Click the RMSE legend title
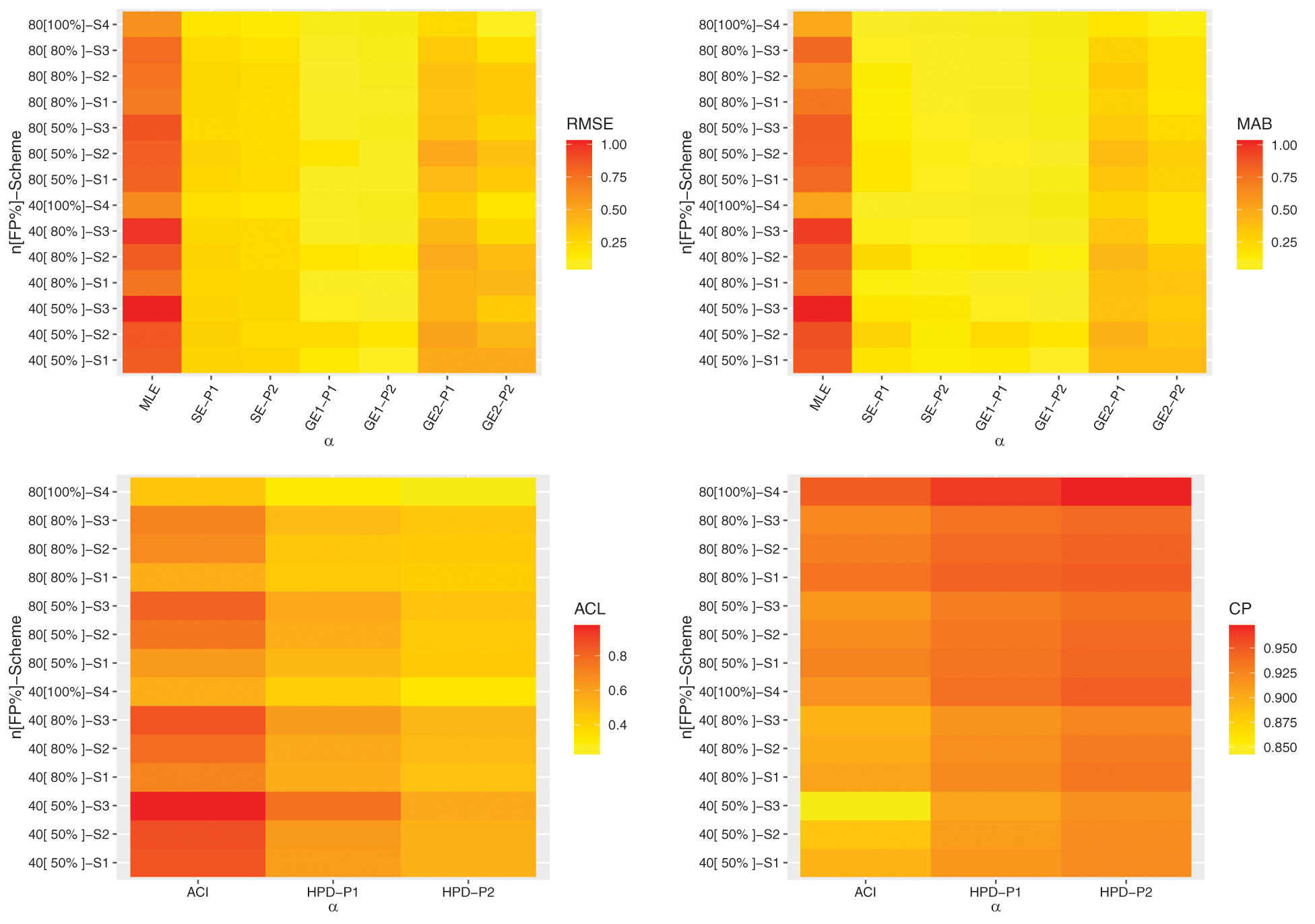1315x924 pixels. tap(589, 124)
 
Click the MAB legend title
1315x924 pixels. tap(1254, 124)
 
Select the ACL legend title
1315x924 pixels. tap(589, 609)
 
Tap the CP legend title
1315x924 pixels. tap(1240, 609)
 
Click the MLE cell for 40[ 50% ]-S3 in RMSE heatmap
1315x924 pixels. tap(152, 309)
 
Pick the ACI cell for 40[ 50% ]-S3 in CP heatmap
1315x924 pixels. tap(865, 805)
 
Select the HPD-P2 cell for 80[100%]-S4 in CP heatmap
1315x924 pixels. tap(1126, 491)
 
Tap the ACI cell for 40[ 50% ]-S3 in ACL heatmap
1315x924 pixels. tap(197, 805)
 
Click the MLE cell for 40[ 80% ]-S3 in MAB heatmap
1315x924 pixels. tap(822, 231)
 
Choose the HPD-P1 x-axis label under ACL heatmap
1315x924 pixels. tap(333, 892)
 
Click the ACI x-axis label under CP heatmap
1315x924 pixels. tap(865, 892)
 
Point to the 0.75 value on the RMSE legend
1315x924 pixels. tap(613, 177)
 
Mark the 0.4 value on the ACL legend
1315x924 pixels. tap(618, 725)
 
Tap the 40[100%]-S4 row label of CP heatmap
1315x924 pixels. tap(739, 691)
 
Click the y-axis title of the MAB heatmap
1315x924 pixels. tap(686, 192)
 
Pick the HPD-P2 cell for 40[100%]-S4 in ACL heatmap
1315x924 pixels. tap(468, 691)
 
